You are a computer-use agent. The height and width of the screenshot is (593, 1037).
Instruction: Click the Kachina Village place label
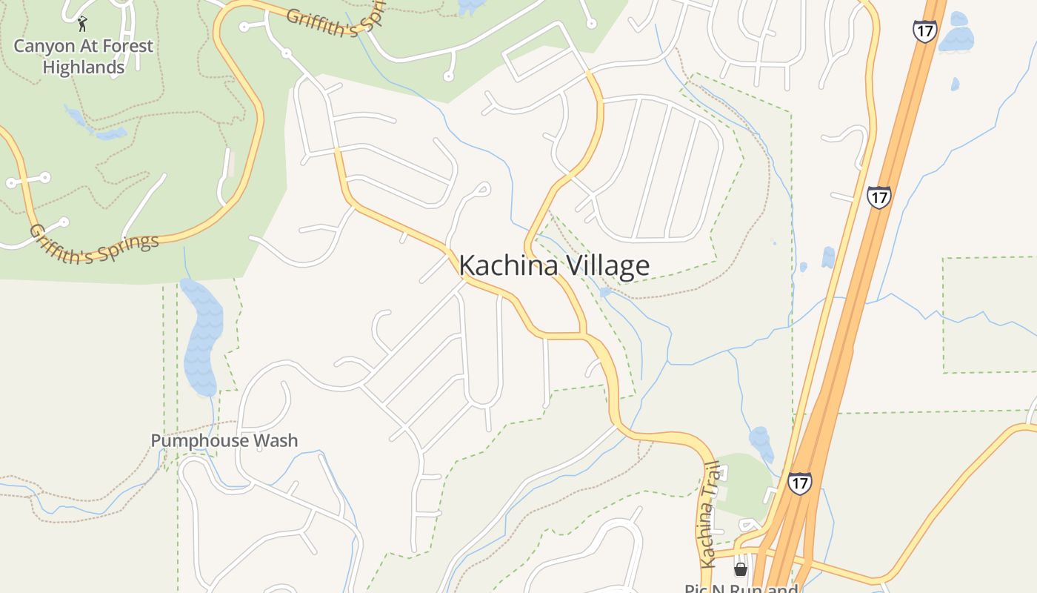tap(554, 265)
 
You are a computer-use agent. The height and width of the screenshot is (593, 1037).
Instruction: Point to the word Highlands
tap(83, 67)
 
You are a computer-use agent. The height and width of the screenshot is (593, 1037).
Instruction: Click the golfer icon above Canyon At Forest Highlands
tap(81, 24)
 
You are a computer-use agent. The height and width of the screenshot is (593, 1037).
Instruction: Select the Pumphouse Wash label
tap(224, 441)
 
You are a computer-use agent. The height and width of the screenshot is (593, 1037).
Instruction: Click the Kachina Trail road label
tap(709, 514)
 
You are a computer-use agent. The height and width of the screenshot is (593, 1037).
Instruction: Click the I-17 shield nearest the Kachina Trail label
tap(799, 483)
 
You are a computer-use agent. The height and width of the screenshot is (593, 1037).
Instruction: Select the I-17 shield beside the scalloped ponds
tap(924, 31)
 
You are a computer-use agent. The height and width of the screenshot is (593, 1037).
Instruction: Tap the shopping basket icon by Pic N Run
tap(740, 569)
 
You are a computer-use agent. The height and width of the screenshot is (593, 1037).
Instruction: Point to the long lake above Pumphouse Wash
tap(201, 337)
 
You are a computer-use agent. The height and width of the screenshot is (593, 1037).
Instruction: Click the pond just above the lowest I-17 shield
tap(761, 443)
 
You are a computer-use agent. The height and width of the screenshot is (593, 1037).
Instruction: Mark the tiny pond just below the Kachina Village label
tap(606, 292)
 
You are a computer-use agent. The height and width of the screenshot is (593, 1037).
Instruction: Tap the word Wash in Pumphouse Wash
tap(275, 441)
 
